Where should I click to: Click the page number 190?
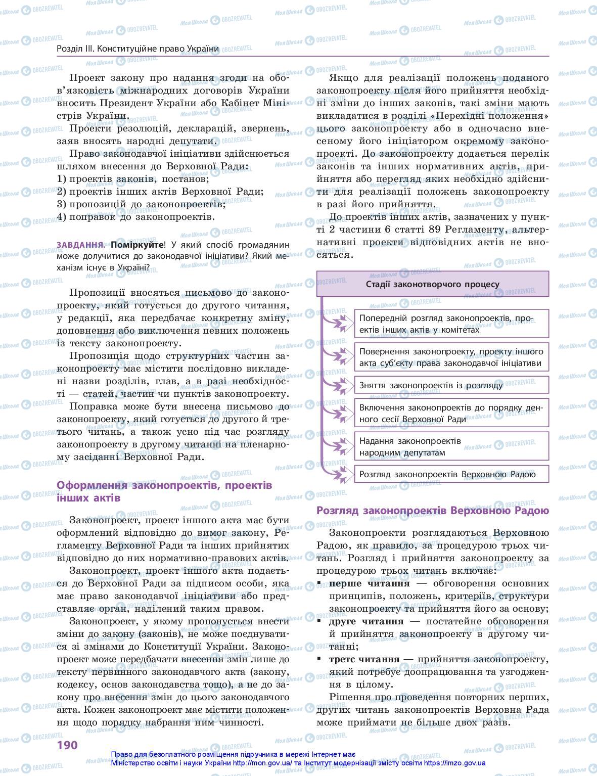67,745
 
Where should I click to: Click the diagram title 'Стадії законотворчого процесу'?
432,284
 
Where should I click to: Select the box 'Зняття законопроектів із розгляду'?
451,385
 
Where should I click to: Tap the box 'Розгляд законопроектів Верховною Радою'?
451,474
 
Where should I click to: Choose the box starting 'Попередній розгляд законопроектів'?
451,324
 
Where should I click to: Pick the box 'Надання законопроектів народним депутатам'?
451,446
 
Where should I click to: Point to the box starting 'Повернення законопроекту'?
451,357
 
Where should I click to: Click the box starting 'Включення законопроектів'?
451,413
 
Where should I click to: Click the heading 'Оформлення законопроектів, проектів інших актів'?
164,491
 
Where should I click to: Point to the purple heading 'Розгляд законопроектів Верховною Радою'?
432,510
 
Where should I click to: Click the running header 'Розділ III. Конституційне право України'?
138,49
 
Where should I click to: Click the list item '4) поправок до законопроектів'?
135,217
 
